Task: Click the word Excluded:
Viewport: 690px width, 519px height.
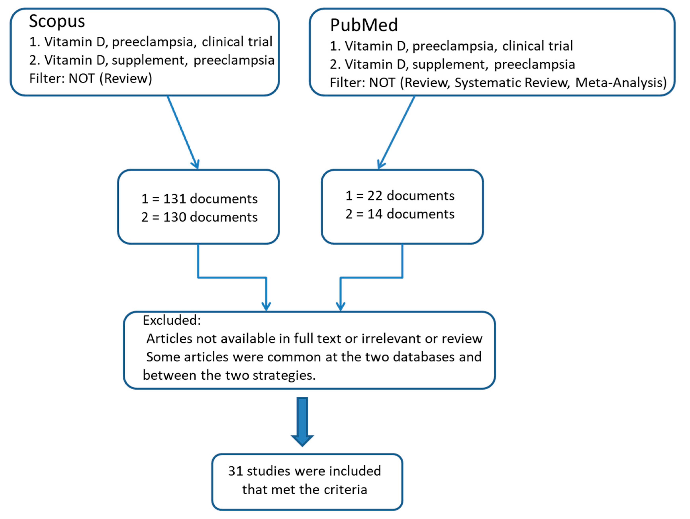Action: coord(172,320)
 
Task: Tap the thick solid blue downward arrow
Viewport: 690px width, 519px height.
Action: coord(302,421)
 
